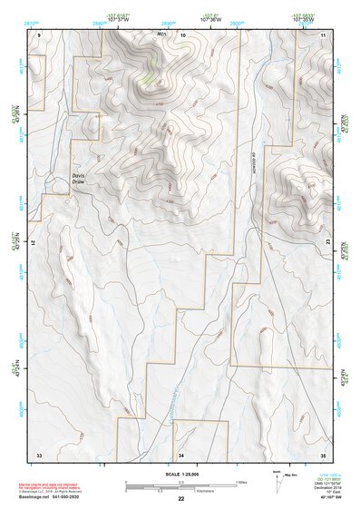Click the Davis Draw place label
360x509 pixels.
83,180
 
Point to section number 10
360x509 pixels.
182,34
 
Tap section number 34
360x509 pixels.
181,453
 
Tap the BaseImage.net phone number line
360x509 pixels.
56,495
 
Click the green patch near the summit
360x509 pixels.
149,79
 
